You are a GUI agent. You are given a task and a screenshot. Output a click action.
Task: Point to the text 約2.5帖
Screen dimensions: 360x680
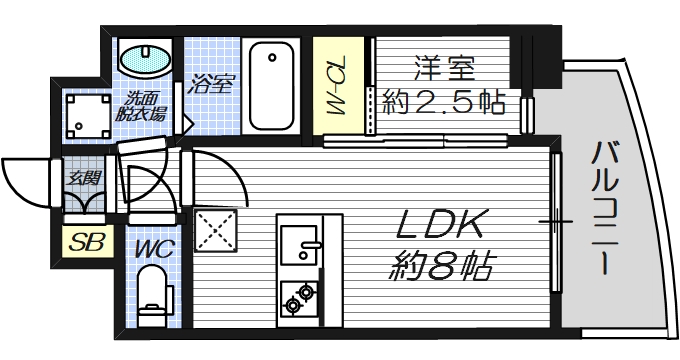(x=443, y=101)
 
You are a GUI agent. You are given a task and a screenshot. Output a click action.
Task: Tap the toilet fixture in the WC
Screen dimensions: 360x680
(x=153, y=292)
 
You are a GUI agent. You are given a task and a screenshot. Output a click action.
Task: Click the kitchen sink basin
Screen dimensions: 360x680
(x=298, y=243)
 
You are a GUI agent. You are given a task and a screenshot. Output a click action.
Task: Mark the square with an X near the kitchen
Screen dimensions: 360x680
(x=213, y=230)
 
